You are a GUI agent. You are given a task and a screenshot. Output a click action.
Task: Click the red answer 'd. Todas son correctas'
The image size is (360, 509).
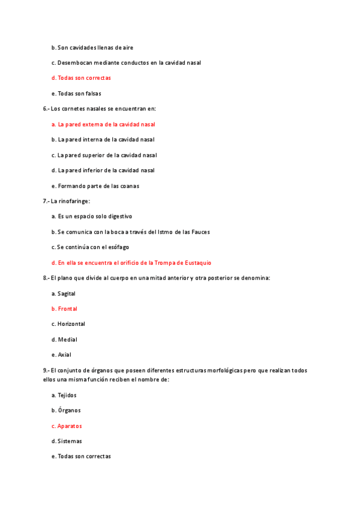point(81,78)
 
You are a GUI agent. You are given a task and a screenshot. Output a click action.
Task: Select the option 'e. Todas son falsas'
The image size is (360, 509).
point(76,94)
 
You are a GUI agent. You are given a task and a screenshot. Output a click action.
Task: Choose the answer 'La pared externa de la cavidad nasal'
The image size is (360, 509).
point(106,124)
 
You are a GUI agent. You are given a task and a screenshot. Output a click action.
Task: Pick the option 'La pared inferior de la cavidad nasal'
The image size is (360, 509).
point(106,170)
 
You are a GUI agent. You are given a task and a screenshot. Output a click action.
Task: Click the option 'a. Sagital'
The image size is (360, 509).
point(64,294)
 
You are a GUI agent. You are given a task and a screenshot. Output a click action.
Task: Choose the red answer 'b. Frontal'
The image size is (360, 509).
point(64,309)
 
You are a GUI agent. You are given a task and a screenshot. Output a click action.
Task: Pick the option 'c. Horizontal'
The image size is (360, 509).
point(68,324)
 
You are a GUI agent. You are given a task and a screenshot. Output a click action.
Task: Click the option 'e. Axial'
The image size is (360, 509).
point(61,355)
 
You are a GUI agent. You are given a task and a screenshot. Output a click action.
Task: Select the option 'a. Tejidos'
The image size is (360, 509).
point(64,396)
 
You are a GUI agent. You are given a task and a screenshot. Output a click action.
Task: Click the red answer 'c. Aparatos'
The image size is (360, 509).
point(67,426)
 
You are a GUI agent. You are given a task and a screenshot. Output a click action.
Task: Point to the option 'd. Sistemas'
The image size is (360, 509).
point(67,441)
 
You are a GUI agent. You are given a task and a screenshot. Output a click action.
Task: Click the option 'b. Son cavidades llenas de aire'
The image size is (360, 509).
point(92,47)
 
